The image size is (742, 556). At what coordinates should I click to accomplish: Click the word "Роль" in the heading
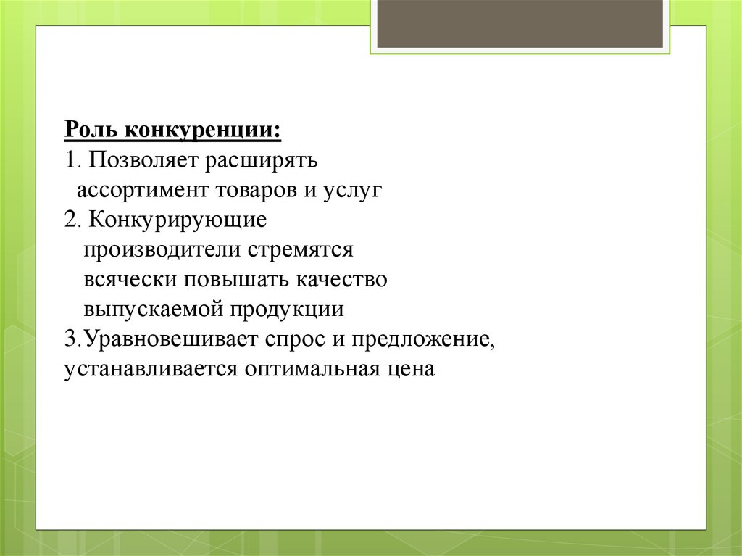pyautogui.click(x=91, y=130)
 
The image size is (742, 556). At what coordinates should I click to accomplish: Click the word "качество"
pyautogui.click(x=342, y=280)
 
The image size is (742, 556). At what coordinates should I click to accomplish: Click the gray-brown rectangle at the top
pyautogui.click(x=520, y=24)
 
